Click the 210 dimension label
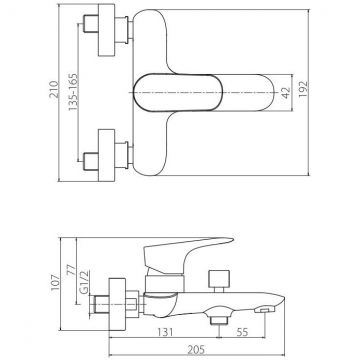point(54,89)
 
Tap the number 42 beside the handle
point(286,92)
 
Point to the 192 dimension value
point(303,89)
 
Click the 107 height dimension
point(55,283)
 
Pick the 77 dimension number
point(72,269)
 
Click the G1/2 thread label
point(85,282)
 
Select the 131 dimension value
point(165,332)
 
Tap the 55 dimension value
point(242,332)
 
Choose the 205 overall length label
point(196,349)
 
